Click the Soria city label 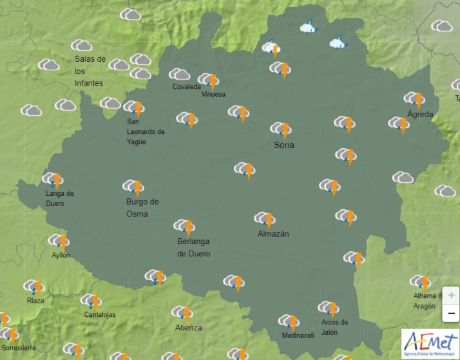[x=283, y=145]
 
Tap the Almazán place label [x=273, y=234]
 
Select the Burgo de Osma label [x=142, y=207]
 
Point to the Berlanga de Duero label [x=193, y=247]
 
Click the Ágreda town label [x=420, y=114]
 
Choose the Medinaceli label [x=298, y=336]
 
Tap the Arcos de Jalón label [x=334, y=327]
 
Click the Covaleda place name [x=186, y=87]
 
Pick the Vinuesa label [x=213, y=95]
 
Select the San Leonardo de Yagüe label [x=146, y=131]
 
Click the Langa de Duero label [x=59, y=198]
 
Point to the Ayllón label [x=61, y=255]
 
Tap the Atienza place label [x=188, y=328]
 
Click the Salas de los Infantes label [x=90, y=71]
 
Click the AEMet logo [x=430, y=344]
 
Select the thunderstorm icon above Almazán [x=265, y=219]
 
